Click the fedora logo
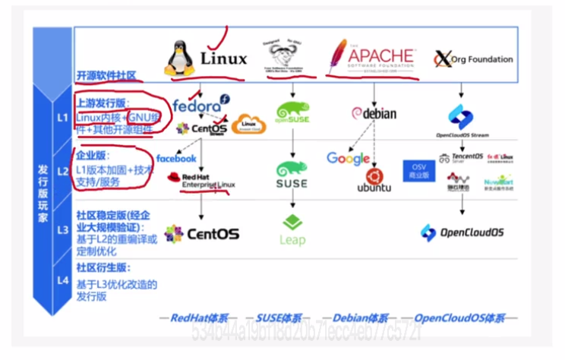click(x=199, y=106)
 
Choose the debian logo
click(x=374, y=113)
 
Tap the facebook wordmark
click(x=176, y=158)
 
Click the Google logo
click(x=348, y=159)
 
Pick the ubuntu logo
click(x=374, y=182)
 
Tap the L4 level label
click(x=62, y=281)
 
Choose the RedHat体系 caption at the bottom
click(x=199, y=317)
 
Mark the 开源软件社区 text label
click(x=106, y=75)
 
